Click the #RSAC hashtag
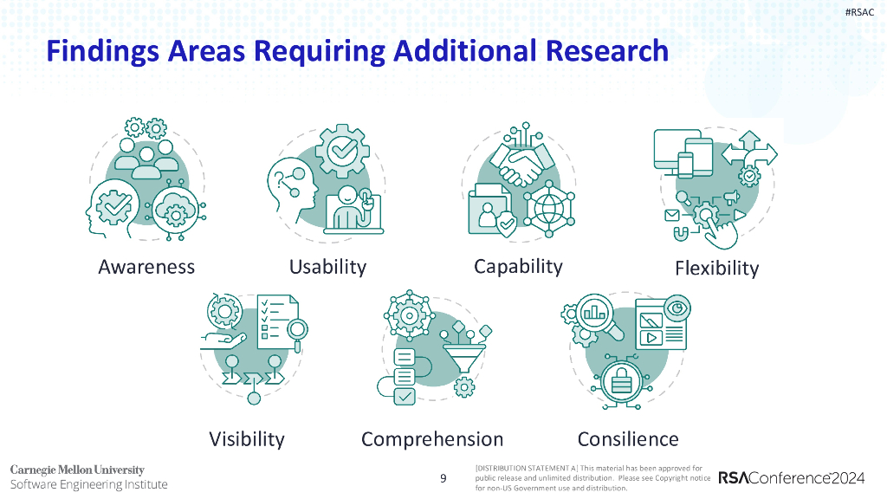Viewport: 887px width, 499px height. [861, 11]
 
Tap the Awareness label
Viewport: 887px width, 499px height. [146, 267]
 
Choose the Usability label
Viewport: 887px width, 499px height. [327, 267]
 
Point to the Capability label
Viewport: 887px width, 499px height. [518, 266]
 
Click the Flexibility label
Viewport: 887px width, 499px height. [716, 268]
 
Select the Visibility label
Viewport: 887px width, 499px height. [246, 439]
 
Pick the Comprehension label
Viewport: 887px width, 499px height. [432, 439]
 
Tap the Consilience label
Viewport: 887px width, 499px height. [628, 439]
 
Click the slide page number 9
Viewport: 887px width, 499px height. [443, 478]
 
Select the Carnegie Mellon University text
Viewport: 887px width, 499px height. [77, 470]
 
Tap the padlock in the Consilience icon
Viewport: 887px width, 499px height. [621, 378]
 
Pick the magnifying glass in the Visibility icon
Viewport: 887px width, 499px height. [298, 331]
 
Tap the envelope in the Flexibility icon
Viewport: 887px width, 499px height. [671, 214]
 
